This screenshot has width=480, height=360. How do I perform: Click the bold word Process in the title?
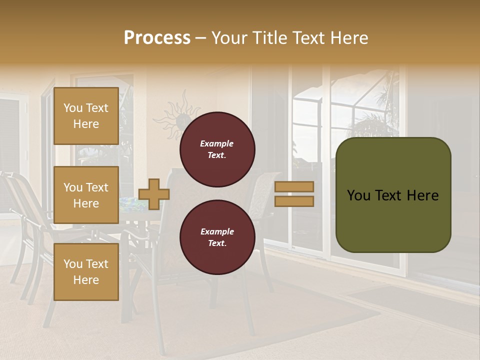point(157,38)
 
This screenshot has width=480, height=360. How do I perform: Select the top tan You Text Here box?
point(86,116)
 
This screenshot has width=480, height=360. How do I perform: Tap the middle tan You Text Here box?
point(86,195)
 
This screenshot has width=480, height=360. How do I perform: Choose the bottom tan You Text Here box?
point(86,272)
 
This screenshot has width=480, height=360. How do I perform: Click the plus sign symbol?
point(154,194)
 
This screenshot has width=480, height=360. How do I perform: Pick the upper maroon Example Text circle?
point(217,149)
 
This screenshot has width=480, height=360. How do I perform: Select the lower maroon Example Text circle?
point(217,237)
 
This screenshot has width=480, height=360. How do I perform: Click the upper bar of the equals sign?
point(294,186)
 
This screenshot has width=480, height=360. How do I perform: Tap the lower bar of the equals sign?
point(294,201)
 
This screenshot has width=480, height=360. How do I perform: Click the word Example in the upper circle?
point(217,143)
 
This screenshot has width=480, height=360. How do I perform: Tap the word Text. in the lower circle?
point(217,243)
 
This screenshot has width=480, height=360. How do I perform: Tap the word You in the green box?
point(358,195)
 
